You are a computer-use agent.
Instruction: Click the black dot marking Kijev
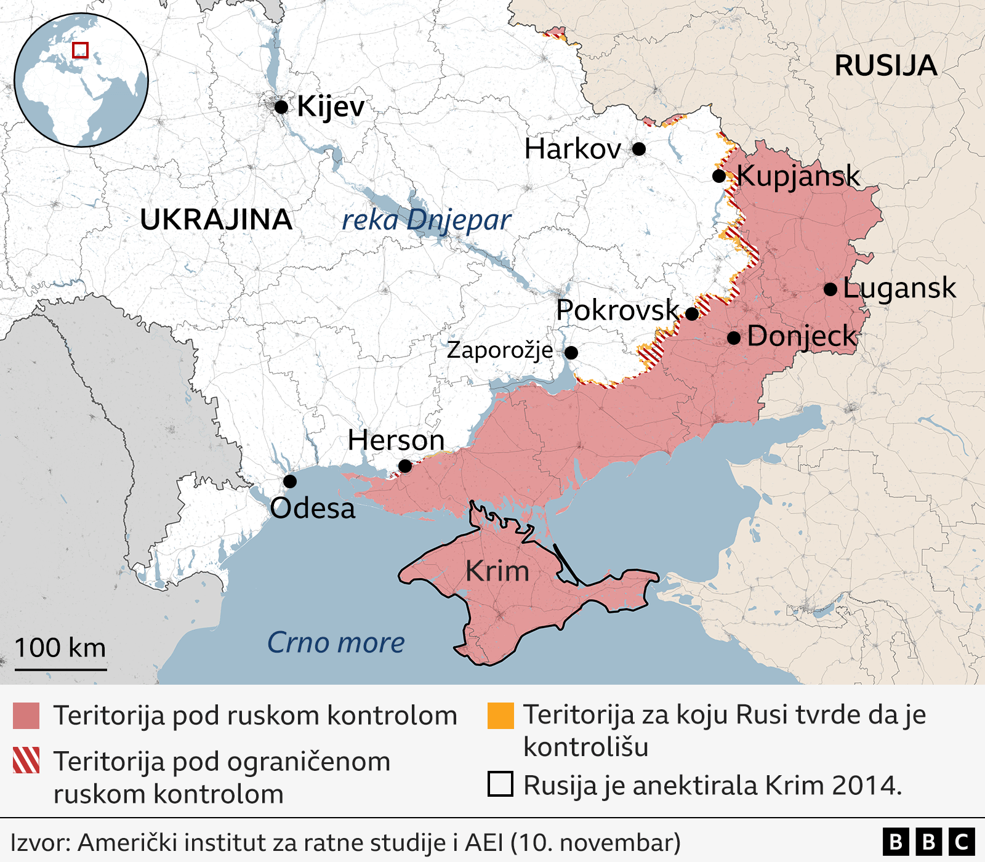281,107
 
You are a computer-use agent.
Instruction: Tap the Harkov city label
573,149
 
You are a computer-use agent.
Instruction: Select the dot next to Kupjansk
718,176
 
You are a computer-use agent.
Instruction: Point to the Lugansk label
899,288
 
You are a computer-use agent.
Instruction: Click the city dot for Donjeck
734,338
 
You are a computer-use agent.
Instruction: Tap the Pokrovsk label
617,310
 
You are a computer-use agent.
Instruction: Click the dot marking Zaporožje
571,353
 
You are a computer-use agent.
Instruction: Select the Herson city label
396,440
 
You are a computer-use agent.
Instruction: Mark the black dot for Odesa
290,481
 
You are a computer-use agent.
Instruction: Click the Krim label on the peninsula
497,571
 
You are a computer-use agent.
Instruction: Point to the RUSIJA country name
885,66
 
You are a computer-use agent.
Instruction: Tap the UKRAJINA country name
216,220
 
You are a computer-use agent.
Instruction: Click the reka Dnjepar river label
426,220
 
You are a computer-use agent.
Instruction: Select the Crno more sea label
336,643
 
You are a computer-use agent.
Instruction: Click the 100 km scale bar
60,669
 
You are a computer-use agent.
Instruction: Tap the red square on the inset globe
81,50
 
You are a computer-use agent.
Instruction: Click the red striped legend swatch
26,760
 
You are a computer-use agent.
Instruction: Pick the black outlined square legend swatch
501,784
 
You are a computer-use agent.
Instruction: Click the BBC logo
928,842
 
